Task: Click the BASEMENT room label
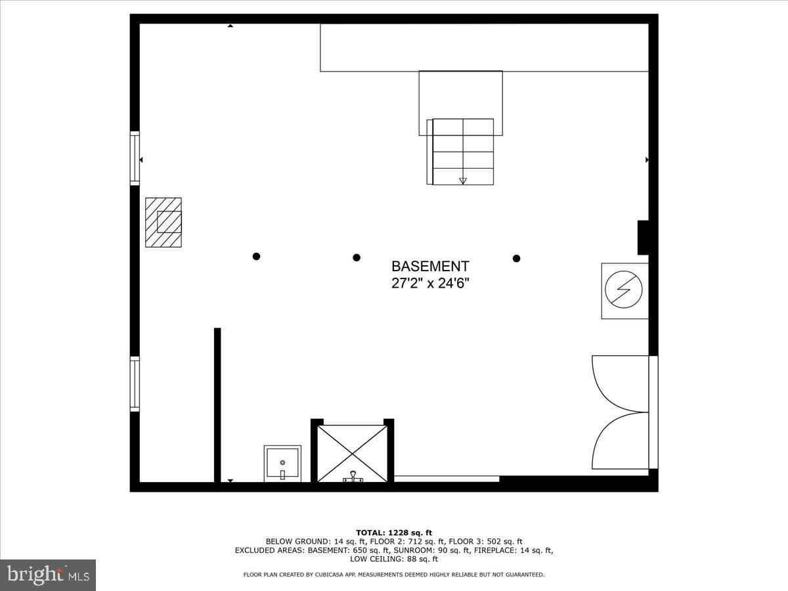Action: (430, 266)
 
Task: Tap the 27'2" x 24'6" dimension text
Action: (430, 284)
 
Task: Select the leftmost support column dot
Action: (257, 257)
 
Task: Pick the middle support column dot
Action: (357, 257)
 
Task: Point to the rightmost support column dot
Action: (517, 258)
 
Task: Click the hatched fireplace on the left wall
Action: (164, 222)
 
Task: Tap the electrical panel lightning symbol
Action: (624, 291)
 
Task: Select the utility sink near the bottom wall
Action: (282, 463)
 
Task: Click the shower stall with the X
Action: (352, 453)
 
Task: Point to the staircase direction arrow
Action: (463, 180)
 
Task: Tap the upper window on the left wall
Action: (135, 157)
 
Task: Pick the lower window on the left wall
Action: (135, 383)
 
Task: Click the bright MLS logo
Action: (48, 575)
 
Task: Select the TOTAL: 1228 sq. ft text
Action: (394, 533)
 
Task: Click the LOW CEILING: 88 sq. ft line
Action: (394, 559)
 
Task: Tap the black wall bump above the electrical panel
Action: (643, 237)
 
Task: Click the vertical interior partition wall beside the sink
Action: (217, 405)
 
